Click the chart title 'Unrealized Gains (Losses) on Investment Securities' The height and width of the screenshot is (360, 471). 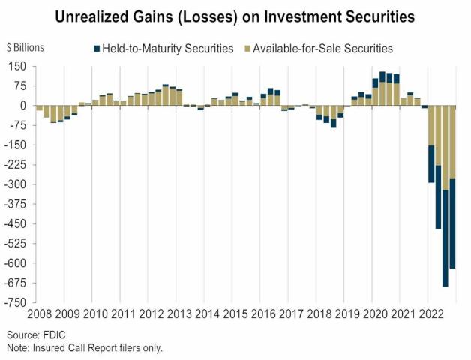coord(235,15)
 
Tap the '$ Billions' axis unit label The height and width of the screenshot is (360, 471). coord(25,48)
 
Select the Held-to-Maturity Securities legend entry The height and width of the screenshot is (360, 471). coord(164,49)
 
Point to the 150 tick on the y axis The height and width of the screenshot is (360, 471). coord(18,67)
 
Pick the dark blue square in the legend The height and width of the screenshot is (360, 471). coord(97,49)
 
